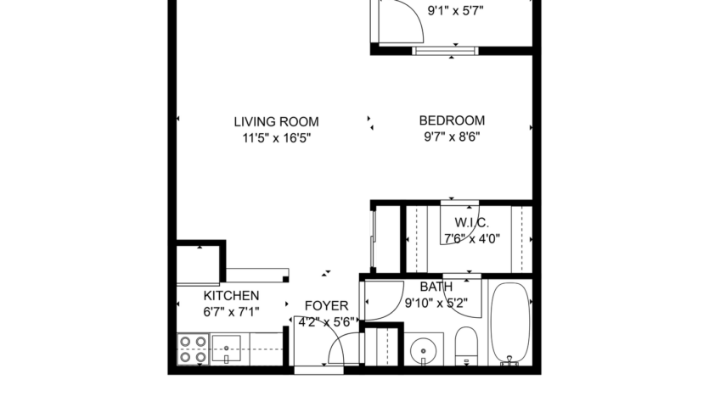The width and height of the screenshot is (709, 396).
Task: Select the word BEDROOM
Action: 453,121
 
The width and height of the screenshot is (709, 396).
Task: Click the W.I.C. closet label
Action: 471,223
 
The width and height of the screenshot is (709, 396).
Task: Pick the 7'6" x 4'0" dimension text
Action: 471,238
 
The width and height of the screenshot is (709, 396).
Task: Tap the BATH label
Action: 436,287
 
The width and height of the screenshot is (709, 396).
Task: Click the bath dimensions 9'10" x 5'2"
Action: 436,303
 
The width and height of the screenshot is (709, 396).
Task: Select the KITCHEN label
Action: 231,296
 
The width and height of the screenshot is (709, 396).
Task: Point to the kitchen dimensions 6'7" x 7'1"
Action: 231,311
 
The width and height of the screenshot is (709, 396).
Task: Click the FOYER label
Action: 326,306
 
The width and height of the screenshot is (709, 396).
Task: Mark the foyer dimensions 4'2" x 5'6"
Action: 326,322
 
